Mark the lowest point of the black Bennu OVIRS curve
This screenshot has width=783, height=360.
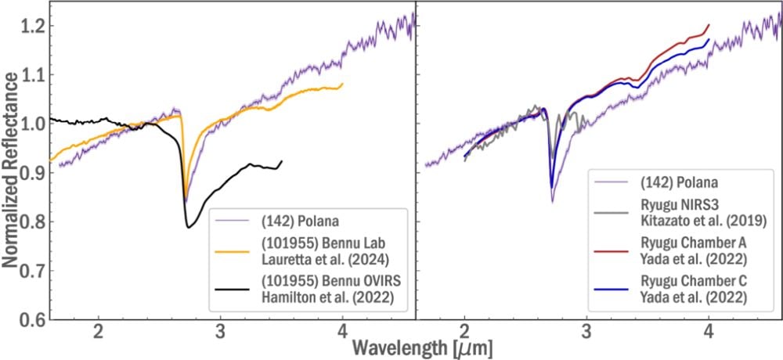188,227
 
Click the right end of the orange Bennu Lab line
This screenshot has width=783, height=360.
343,84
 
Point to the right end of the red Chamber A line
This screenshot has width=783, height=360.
709,25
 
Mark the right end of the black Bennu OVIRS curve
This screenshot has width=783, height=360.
282,161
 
